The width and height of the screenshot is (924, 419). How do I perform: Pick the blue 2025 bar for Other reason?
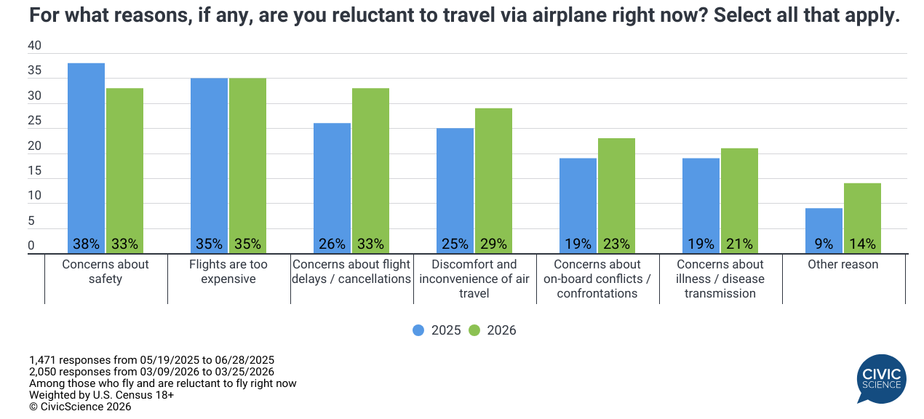(824, 230)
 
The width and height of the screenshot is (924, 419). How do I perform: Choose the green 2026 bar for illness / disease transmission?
(739, 199)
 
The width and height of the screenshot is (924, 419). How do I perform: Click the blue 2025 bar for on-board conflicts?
(578, 204)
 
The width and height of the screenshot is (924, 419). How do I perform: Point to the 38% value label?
(86, 244)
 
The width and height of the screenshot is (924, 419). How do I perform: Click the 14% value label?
(862, 244)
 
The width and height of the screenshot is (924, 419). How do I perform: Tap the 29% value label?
(493, 244)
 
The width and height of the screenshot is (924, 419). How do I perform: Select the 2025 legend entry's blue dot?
(418, 330)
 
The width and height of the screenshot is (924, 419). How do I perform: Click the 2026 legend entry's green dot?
(474, 330)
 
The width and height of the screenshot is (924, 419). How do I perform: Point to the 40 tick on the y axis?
(34, 46)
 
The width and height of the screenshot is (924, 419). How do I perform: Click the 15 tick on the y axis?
(34, 171)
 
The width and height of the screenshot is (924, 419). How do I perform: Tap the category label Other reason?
(843, 265)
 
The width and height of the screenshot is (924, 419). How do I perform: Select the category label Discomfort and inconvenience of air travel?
(474, 279)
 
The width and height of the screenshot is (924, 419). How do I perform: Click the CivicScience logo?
(881, 378)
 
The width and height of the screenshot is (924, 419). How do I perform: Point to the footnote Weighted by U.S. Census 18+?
(102, 395)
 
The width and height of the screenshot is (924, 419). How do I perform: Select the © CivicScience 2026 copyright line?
(80, 407)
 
